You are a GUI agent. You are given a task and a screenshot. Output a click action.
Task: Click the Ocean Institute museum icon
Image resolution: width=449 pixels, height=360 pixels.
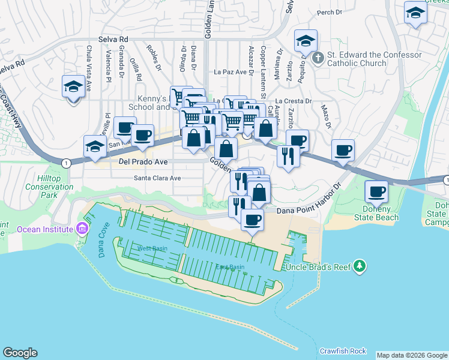pos(82,229)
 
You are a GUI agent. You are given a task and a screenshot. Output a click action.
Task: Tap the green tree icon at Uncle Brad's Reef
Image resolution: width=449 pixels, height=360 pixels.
pos(360,265)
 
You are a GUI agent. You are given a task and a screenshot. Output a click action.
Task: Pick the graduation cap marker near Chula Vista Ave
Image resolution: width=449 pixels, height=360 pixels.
pos(73,88)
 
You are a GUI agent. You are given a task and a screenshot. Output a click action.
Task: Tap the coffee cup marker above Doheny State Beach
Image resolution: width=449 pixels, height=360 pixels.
pos(376,192)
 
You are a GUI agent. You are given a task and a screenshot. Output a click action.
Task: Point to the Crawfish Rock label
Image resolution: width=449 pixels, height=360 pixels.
pos(343,350)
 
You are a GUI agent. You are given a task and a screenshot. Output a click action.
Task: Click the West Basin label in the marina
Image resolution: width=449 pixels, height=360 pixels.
pos(152,248)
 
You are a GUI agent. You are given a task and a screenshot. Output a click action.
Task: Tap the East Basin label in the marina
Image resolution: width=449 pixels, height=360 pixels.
pos(230,267)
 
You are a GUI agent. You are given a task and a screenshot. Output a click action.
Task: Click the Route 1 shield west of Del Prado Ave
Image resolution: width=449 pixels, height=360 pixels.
pos(65,163)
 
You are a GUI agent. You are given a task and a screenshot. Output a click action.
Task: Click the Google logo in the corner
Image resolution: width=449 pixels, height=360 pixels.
pos(20,353)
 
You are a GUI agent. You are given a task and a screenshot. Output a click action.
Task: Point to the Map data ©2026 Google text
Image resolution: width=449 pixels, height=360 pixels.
pos(412,355)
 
